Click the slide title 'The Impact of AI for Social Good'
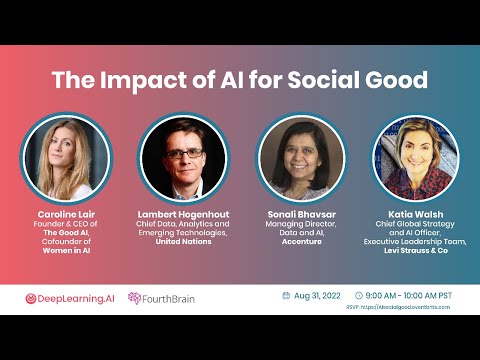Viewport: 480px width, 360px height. tap(240, 80)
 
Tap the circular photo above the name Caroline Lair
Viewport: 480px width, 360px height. tap(65, 158)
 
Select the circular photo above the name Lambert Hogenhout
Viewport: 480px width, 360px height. tap(183, 158)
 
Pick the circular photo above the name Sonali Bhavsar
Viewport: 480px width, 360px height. tap(300, 158)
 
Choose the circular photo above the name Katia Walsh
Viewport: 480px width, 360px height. tap(415, 158)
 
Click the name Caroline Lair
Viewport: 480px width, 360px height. tap(65, 214)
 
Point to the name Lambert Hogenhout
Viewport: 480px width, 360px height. tap(183, 214)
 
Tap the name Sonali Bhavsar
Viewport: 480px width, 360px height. tap(300, 214)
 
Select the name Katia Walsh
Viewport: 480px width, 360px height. tap(416, 214)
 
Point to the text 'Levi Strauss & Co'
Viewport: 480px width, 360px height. tap(416, 250)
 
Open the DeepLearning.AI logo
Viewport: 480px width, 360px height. tap(69, 298)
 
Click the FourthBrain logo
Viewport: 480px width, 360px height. tap(162, 298)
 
